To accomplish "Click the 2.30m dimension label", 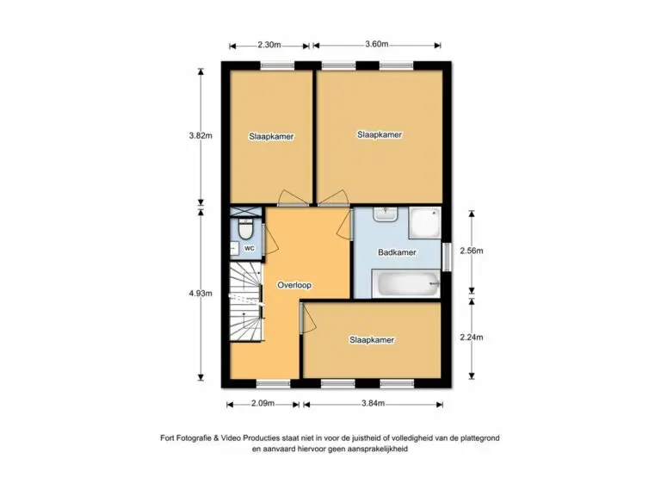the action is click(269, 45).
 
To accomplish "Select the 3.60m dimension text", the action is click(377, 44).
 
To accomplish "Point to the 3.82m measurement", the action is click(201, 136).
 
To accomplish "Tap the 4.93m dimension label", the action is click(201, 293).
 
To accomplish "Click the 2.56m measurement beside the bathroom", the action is click(472, 251).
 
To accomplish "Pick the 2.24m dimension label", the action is click(472, 338).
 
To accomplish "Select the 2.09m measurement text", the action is click(263, 403).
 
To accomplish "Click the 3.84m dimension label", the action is click(373, 403).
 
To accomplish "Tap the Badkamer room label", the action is click(397, 252).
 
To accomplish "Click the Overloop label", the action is click(294, 285).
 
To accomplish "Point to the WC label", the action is click(249, 248).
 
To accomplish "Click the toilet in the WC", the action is click(245, 228).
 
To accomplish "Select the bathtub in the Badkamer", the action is click(406, 284).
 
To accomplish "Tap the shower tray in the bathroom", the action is click(425, 223).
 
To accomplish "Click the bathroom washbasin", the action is click(386, 214).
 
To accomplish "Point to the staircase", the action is click(246, 301).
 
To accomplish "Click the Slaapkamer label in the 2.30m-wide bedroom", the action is click(271, 137).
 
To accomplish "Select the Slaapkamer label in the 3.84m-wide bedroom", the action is click(372, 340).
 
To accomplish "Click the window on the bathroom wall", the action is click(447, 257).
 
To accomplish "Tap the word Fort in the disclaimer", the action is click(167, 437).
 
